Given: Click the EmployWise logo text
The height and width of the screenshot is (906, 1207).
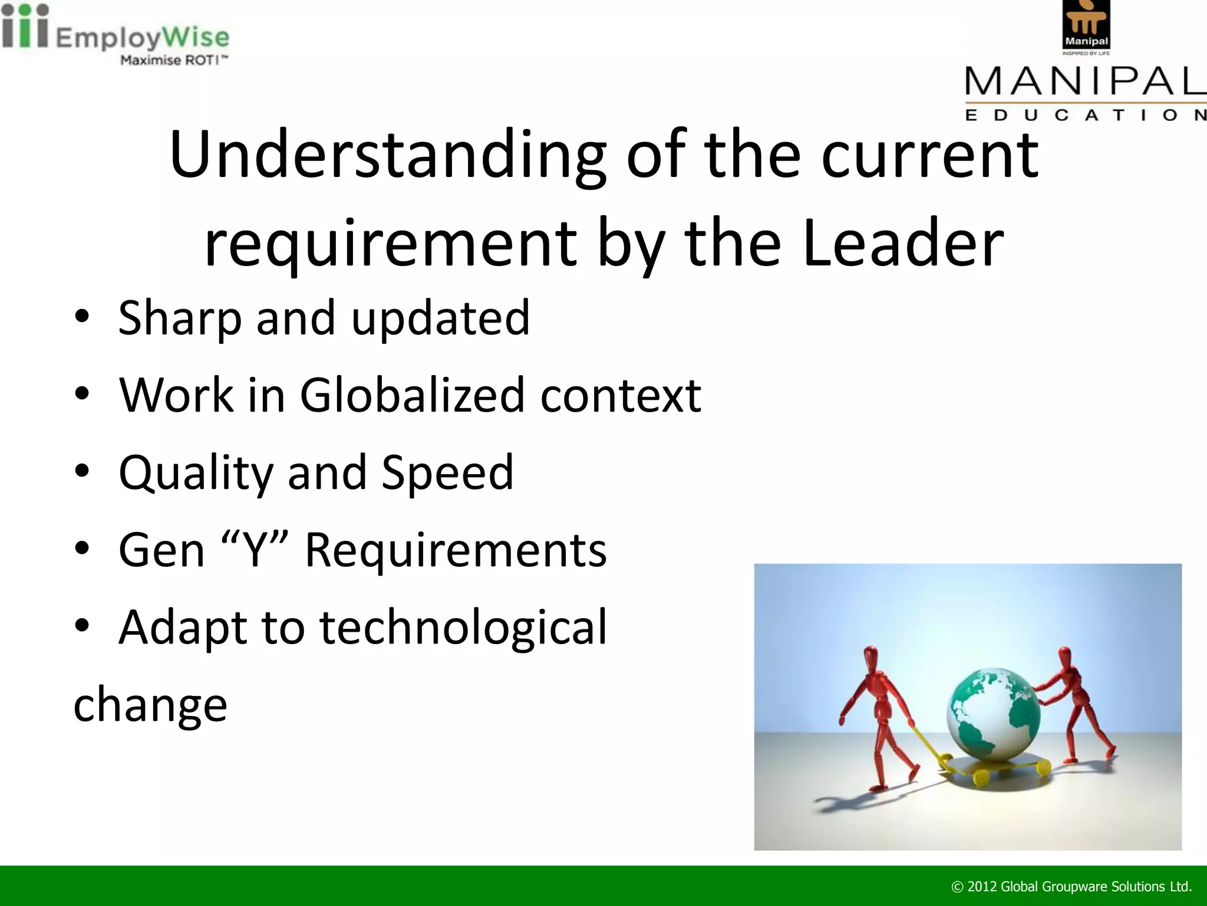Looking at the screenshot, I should click(141, 38).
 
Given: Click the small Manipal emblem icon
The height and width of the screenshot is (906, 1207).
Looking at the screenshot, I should click(1086, 25).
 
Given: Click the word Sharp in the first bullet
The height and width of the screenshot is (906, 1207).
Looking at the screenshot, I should click(179, 319).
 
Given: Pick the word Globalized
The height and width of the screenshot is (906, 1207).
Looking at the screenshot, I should click(412, 395).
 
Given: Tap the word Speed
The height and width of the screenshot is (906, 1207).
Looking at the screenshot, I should click(447, 472).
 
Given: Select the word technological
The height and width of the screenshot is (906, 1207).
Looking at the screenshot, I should click(463, 627).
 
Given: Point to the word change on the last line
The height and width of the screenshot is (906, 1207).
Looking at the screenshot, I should click(150, 704).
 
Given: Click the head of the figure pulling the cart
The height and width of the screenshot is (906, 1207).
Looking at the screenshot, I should click(870, 655).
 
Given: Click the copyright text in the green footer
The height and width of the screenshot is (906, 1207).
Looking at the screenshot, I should click(1071, 886).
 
